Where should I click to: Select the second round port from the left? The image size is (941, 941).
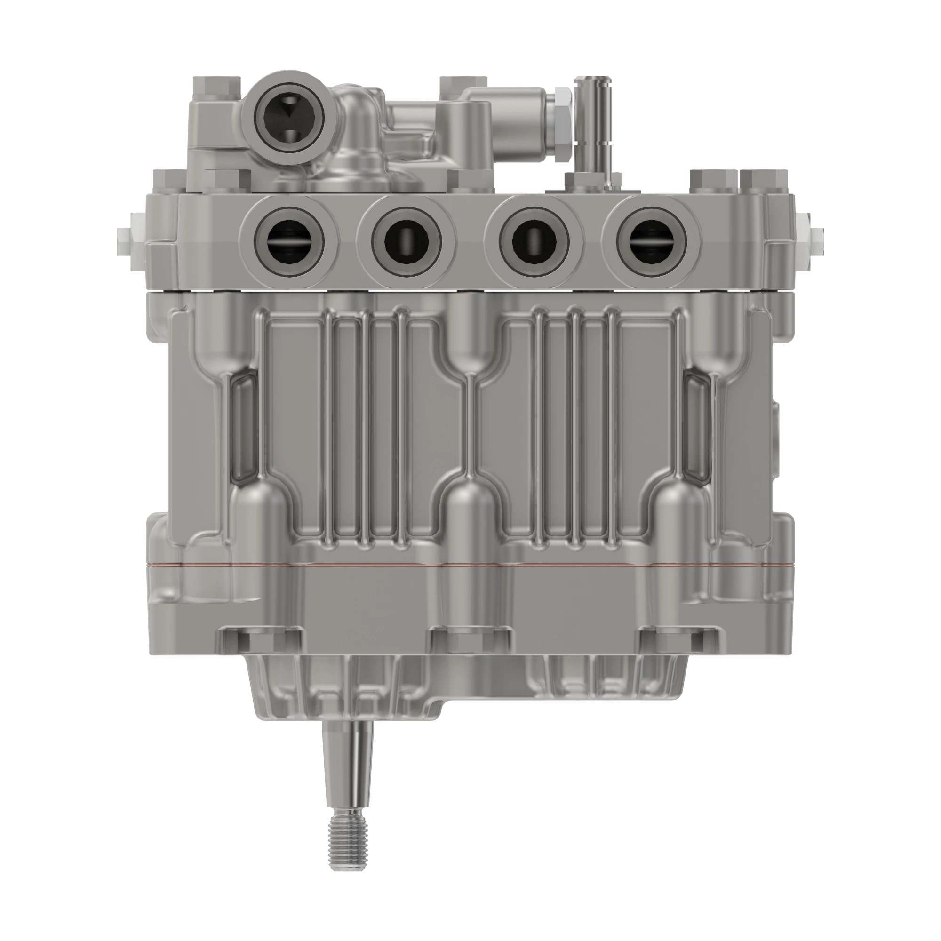click(406, 242)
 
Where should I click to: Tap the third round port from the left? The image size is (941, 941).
click(534, 242)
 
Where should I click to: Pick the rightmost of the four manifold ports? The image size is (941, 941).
click(651, 242)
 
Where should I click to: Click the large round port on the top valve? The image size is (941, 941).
click(289, 117)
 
